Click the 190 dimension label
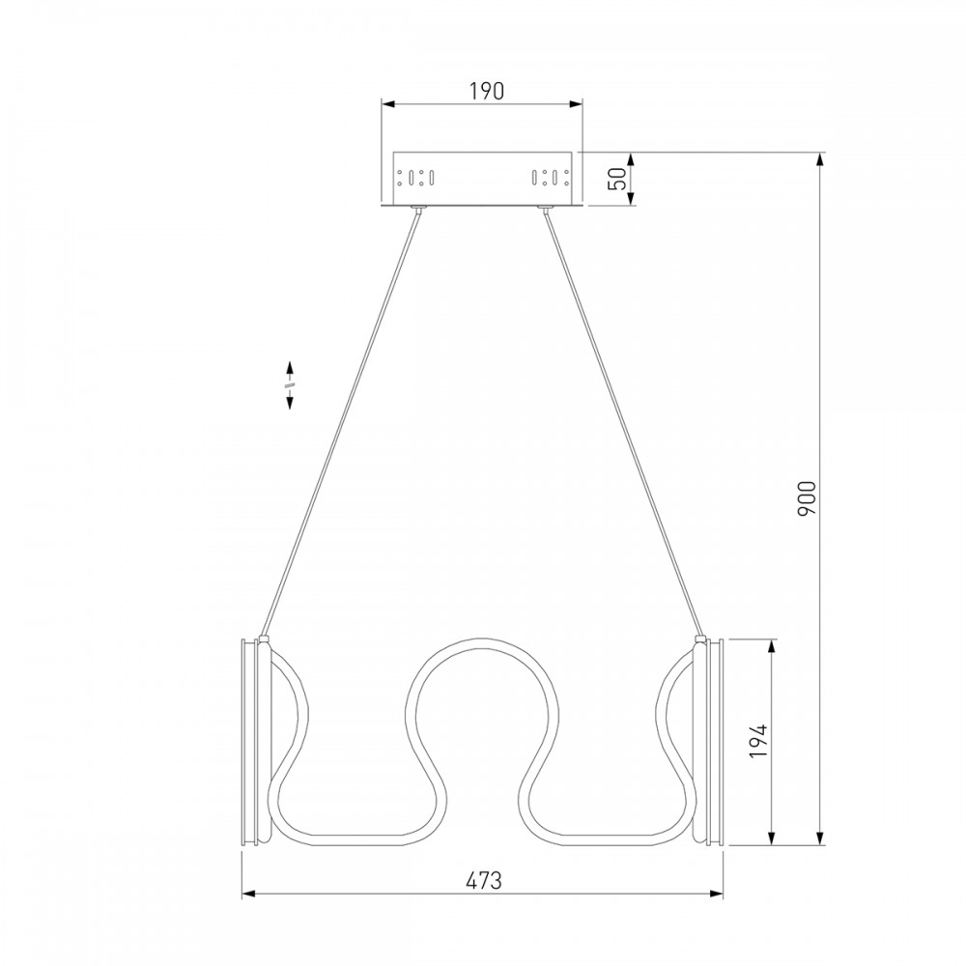(487, 91)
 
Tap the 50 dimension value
(620, 178)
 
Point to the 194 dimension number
(759, 741)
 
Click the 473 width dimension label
(484, 880)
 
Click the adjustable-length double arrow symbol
(289, 385)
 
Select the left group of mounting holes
(416, 178)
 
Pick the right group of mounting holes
(551, 178)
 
